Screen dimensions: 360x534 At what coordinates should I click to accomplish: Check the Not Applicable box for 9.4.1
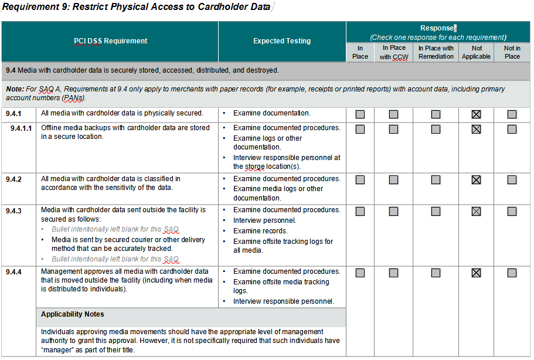coord(476,114)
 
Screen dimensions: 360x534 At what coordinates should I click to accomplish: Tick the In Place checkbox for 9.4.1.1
coord(360,129)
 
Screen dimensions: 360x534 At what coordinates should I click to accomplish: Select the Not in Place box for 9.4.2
coord(512,180)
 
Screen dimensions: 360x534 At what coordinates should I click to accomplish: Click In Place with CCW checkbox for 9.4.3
coord(393,211)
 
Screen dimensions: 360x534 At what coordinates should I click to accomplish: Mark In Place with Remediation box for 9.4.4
coord(436,273)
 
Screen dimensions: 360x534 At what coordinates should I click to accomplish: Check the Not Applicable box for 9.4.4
coord(476,273)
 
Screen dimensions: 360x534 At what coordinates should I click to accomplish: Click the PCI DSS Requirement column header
coord(110,41)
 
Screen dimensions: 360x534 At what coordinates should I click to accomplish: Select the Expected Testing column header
coord(282,41)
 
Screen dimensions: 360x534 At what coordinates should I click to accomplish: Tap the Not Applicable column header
coord(476,52)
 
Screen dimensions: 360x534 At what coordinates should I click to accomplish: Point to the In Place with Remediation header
coord(436,52)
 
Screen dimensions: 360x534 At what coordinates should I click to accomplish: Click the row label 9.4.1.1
coord(21,128)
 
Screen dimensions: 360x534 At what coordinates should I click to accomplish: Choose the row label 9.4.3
coord(13,210)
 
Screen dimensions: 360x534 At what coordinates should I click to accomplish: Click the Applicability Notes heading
coord(73,315)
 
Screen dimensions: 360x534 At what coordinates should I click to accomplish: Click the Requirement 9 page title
coord(136,8)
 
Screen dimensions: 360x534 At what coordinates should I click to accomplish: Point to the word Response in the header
coord(437,28)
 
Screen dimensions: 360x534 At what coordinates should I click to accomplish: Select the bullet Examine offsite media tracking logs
coord(281,286)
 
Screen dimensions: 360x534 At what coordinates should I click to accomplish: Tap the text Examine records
coord(260,231)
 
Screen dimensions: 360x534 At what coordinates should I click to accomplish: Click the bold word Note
coord(14,89)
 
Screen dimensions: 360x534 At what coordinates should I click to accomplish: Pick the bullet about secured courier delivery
coord(128,244)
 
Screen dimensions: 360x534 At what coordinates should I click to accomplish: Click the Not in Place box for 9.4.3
coord(512,211)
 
